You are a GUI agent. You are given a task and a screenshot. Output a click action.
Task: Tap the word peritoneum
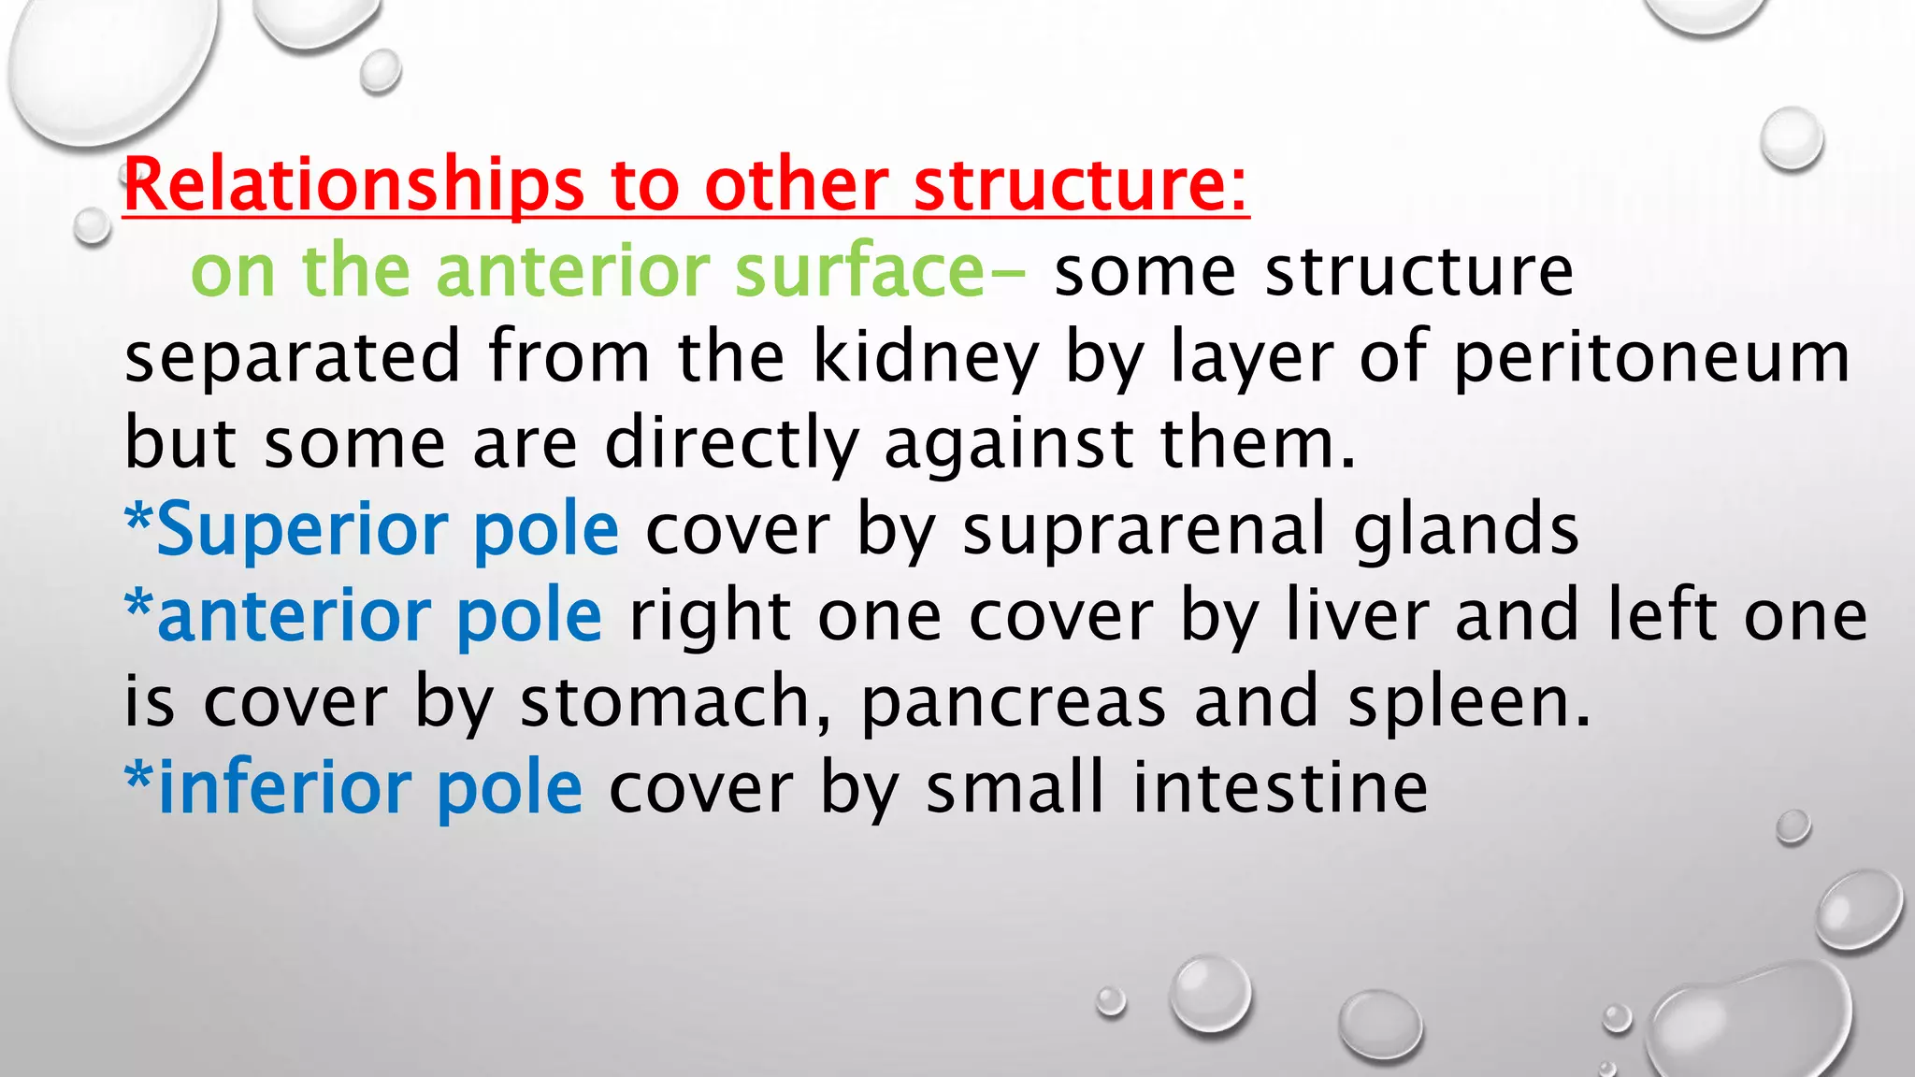tap(1652, 357)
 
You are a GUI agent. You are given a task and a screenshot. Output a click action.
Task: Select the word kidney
tap(926, 357)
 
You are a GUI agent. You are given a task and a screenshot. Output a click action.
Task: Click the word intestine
tap(1280, 787)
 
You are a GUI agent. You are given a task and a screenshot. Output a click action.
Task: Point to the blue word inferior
tap(286, 787)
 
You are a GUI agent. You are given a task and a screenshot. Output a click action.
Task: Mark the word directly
tap(732, 443)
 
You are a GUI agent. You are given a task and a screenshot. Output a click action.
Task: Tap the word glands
tap(1466, 529)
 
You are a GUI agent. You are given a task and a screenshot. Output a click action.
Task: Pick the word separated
tap(293, 357)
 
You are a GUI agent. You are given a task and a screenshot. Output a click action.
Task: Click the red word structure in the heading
tap(1080, 185)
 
